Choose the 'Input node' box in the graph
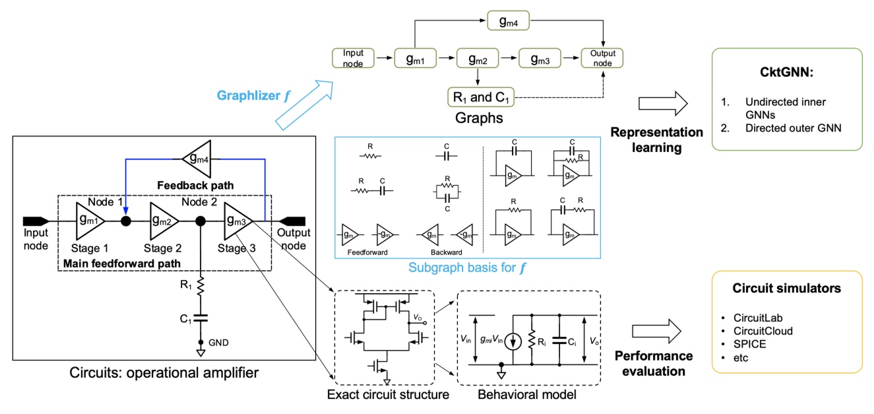coord(354,58)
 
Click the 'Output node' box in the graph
coord(602,58)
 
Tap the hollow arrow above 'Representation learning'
coord(663,103)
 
